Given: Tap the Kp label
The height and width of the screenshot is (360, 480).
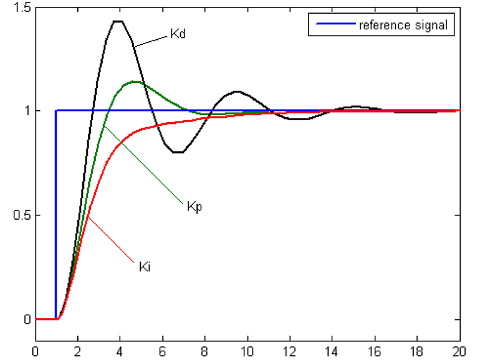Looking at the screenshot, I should pos(194,206).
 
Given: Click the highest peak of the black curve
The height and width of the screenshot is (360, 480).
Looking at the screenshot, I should pos(118,21).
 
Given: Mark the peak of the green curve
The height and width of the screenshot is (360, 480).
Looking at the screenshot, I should pos(135,82).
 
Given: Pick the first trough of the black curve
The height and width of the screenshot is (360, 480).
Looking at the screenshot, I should pos(178,152).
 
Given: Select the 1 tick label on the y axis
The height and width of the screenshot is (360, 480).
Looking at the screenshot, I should pos(25,111).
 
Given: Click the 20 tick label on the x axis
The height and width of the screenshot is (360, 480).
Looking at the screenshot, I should pos(459,350).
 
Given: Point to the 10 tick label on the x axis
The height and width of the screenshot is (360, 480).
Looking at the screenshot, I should pos(247,350).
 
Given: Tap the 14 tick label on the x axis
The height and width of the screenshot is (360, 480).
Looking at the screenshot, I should pos(332,350).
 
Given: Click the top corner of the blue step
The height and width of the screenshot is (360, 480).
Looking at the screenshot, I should pos(57,111).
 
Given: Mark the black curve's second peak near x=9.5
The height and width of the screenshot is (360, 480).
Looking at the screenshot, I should pos(237,92).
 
